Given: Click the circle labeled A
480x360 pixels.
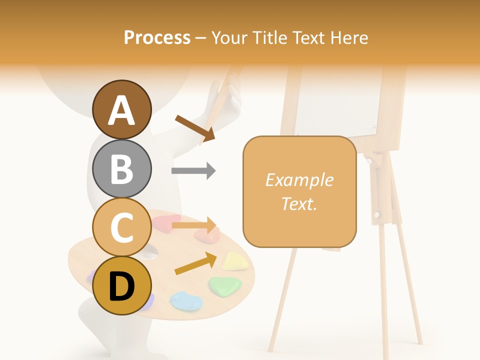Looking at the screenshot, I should (x=122, y=110).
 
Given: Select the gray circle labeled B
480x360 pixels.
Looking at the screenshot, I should (x=122, y=168).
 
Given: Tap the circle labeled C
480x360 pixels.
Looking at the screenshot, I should (x=122, y=227).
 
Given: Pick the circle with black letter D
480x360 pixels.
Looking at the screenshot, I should (x=122, y=285).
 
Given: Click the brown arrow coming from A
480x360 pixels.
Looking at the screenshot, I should (x=195, y=127).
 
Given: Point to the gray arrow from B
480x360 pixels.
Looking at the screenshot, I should (x=193, y=171).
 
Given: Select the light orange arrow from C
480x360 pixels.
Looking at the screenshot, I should (x=194, y=225).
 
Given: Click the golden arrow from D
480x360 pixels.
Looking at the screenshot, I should (x=195, y=263).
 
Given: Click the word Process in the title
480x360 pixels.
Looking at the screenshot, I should (x=157, y=38).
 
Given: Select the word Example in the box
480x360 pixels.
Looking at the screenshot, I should (x=299, y=180).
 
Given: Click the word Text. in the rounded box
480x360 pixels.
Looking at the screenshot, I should (x=299, y=203).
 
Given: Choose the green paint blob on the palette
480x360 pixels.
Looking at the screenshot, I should (x=225, y=285).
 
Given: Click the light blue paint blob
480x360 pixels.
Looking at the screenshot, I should (x=186, y=300).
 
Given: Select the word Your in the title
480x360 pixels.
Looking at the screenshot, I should (x=229, y=38).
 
